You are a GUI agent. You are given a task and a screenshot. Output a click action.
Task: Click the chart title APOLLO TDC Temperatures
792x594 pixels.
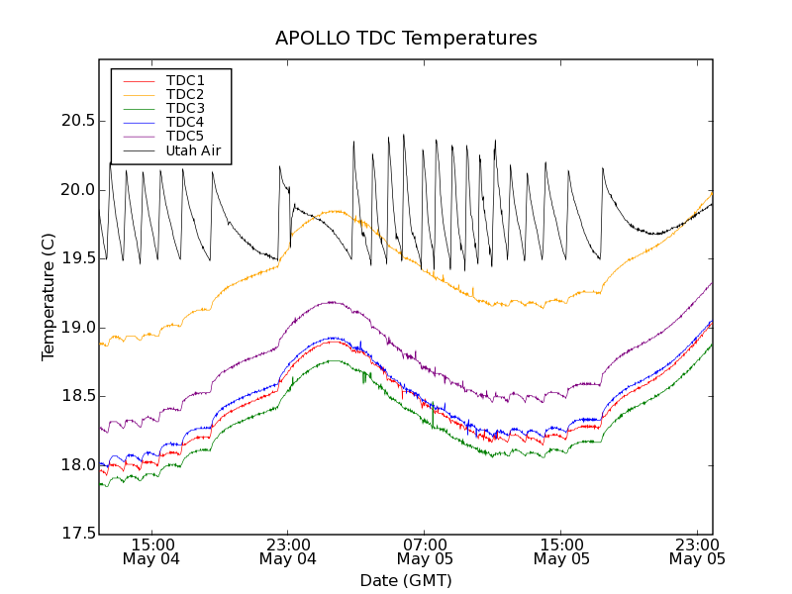tap(406, 39)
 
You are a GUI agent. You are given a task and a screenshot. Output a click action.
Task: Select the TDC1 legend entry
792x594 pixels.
tap(185, 80)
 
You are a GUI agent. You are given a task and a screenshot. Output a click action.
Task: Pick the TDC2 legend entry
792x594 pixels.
tap(185, 94)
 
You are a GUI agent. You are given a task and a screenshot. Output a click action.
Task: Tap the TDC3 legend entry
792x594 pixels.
tap(185, 108)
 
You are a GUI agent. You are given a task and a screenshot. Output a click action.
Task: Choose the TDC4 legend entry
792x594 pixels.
tap(185, 122)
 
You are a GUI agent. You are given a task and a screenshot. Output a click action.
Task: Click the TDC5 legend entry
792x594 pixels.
tap(185, 136)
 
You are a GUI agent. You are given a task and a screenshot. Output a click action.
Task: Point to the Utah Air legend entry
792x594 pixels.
tap(193, 151)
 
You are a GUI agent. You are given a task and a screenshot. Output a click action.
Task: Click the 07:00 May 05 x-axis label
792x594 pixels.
tap(425, 551)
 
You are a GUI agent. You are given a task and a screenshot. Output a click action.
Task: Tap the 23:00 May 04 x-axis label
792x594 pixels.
tap(288, 551)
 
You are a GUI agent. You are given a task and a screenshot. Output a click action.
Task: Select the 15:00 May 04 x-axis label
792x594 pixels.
tap(151, 551)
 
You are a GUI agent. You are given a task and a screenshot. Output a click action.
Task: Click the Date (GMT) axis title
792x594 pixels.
tap(406, 580)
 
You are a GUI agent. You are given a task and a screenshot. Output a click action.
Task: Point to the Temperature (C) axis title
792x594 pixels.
tap(48, 297)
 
